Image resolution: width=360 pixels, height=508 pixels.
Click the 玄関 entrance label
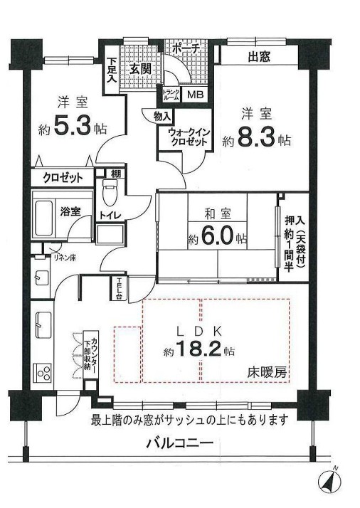click(140, 69)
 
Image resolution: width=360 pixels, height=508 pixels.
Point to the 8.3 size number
click(263, 139)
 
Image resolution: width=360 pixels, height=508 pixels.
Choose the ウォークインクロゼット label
click(189, 136)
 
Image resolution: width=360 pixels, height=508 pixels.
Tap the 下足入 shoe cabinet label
click(112, 69)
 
